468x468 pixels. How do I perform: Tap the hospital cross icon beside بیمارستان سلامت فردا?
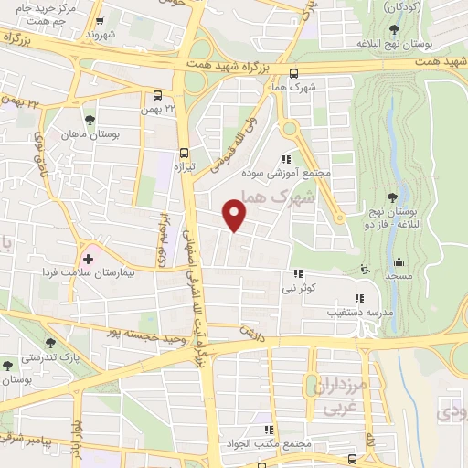89,259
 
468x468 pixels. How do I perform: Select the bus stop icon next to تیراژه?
186,153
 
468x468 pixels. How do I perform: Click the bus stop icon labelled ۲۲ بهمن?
159,95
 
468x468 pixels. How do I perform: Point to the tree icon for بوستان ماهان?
90,120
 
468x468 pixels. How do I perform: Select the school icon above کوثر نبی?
298,273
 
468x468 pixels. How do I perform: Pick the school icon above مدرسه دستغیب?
359,297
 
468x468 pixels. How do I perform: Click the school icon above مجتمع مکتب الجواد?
268,430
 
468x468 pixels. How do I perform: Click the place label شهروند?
102,34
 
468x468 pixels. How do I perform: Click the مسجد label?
399,275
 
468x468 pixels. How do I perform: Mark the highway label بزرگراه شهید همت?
232,65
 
